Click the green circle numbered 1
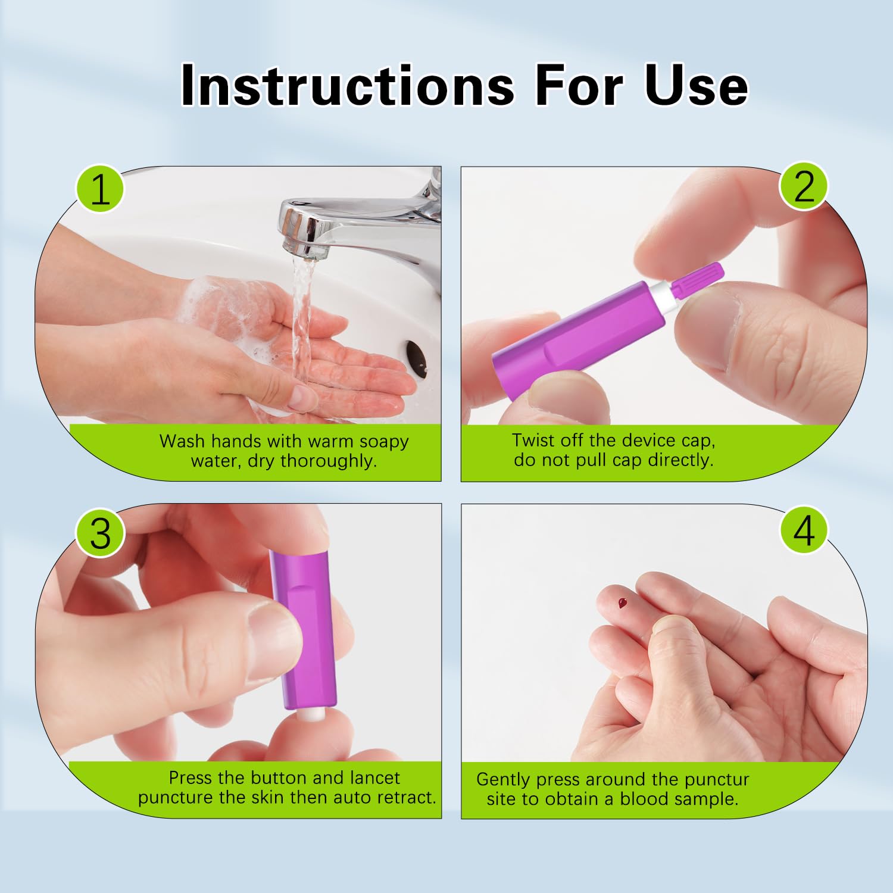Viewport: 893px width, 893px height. (x=100, y=190)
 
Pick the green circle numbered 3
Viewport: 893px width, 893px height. (x=100, y=533)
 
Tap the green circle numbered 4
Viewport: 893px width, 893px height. (x=804, y=530)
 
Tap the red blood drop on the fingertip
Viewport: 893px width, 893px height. (x=623, y=603)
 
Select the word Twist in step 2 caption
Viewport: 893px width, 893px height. (x=535, y=441)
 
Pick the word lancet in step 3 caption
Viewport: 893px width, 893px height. (x=374, y=778)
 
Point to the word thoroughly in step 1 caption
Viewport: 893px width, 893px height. (x=328, y=461)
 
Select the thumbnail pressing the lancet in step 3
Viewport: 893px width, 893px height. (x=271, y=640)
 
